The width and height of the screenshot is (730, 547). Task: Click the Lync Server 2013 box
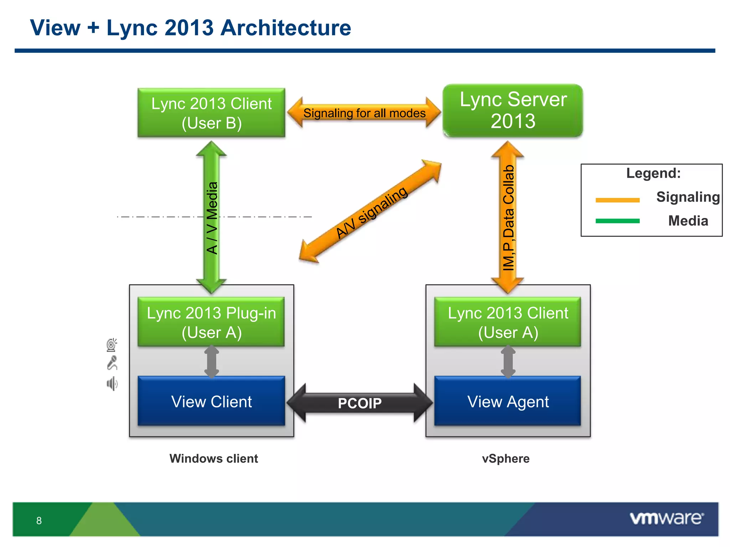click(x=513, y=110)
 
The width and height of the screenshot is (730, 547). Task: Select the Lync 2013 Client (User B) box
click(x=211, y=113)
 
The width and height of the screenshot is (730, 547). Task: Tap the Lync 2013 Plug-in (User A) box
click(x=211, y=322)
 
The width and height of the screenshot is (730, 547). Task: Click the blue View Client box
click(x=211, y=401)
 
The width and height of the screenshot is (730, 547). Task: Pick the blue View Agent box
click(x=508, y=401)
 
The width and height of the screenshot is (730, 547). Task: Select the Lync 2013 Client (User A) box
click(x=508, y=322)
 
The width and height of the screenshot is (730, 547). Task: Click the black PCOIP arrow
click(x=359, y=403)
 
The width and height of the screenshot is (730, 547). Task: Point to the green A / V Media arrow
click(x=211, y=217)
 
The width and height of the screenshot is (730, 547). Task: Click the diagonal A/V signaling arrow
click(x=371, y=212)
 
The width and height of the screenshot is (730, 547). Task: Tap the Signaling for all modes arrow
click(x=364, y=113)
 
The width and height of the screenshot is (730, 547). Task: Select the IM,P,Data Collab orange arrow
click(x=508, y=217)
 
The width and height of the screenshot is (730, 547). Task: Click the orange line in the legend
click(x=617, y=200)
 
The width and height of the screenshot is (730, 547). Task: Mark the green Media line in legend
click(x=617, y=221)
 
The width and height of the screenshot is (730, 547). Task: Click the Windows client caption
click(x=214, y=458)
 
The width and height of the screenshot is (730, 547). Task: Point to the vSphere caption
click(x=505, y=458)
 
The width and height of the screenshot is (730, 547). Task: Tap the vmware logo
click(x=667, y=518)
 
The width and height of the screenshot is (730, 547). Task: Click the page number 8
click(x=39, y=521)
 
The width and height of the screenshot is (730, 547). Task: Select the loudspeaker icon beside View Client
click(x=112, y=384)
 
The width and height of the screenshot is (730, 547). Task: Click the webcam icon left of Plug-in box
click(x=112, y=345)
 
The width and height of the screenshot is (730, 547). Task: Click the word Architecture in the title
click(x=286, y=28)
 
